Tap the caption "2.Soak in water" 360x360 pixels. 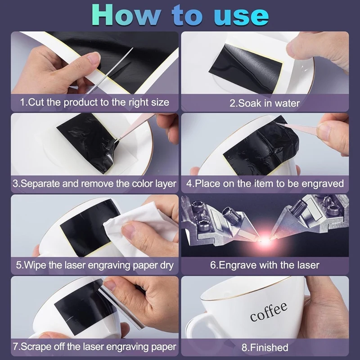[265, 103]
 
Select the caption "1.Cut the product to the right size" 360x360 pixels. [95, 102]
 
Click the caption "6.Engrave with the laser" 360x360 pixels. [265, 265]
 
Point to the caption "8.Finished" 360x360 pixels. [265, 347]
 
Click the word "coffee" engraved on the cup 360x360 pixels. [269, 311]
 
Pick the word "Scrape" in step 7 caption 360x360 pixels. [37, 347]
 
